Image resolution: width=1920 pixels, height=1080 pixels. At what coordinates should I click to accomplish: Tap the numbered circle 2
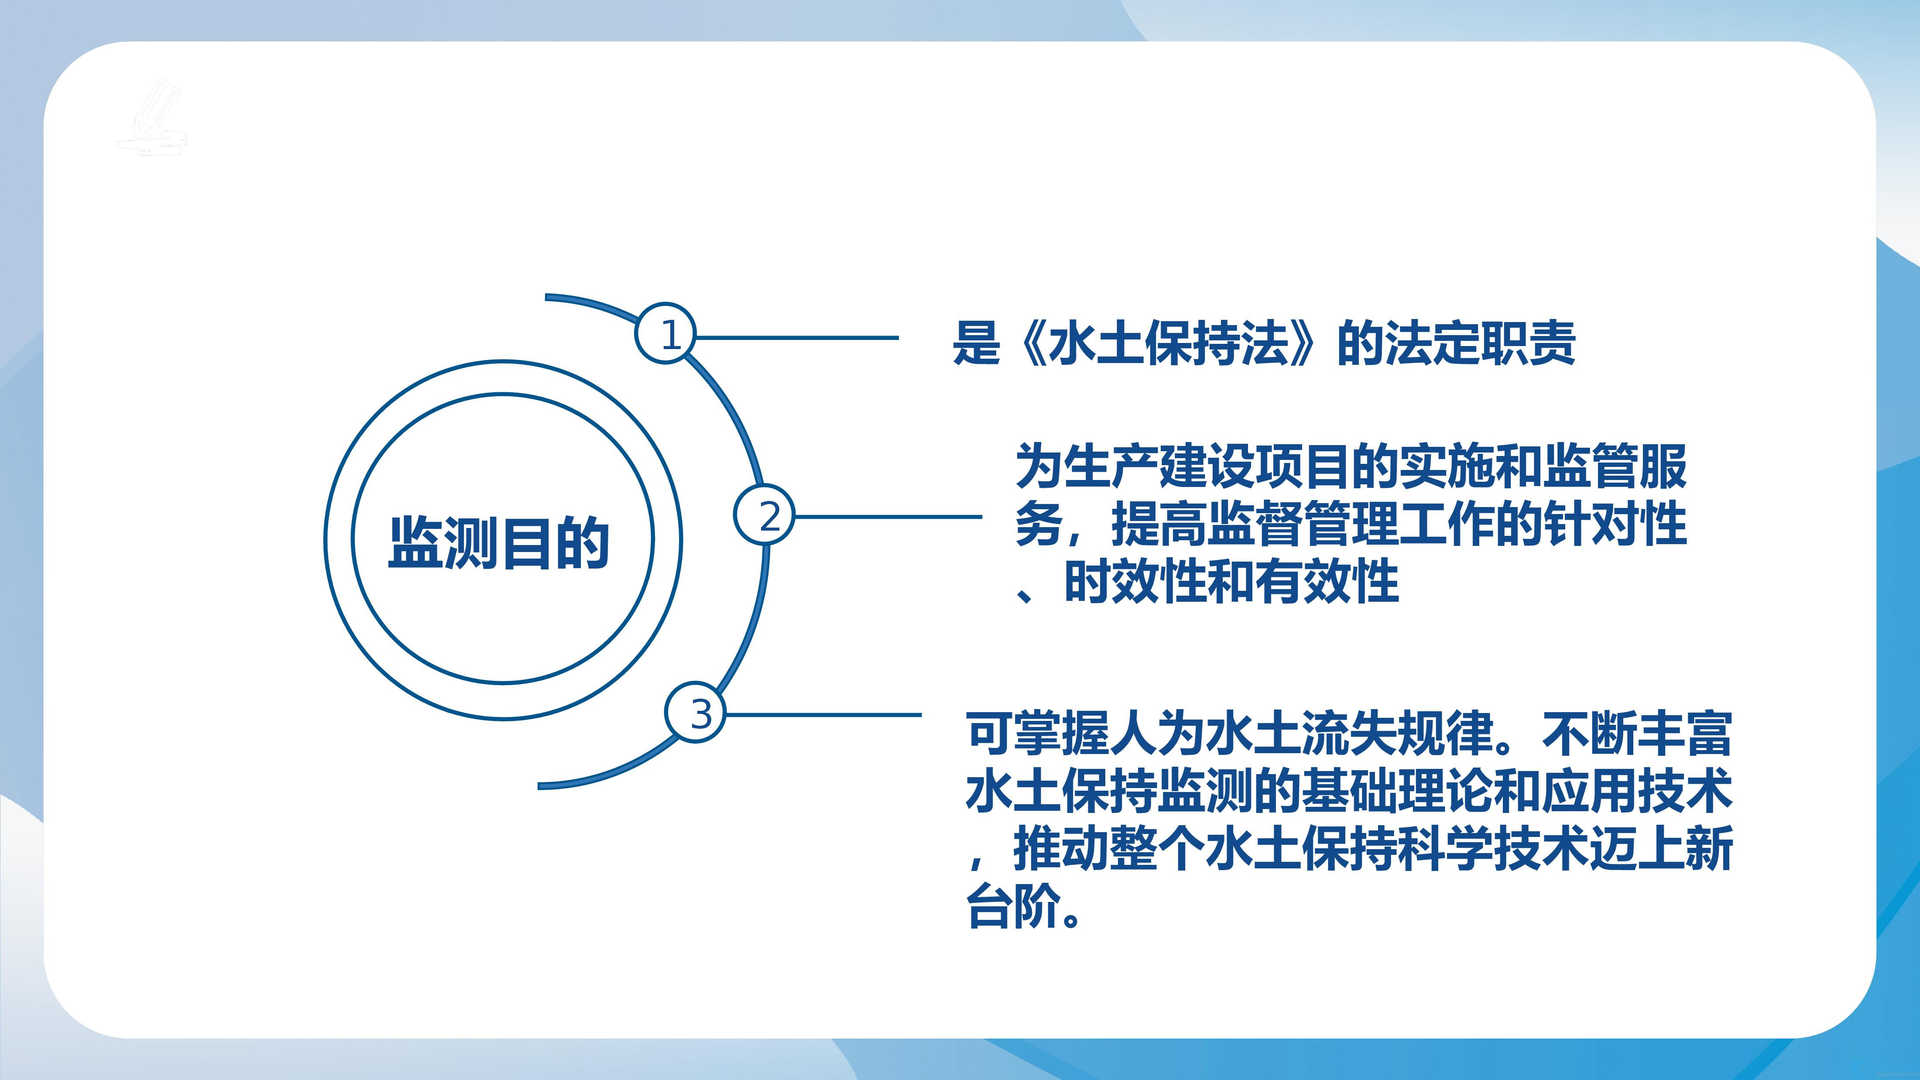(765, 514)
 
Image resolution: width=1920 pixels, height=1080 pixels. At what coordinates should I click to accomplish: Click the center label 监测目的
(499, 542)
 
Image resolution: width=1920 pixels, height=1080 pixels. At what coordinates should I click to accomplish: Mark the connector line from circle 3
(823, 715)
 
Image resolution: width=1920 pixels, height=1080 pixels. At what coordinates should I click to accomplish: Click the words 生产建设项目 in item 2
(1207, 466)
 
